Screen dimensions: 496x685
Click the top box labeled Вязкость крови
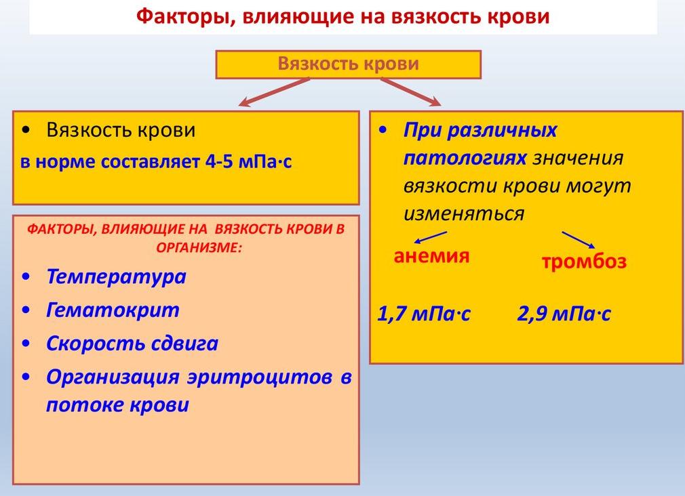click(x=348, y=65)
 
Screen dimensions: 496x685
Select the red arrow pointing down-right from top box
click(x=410, y=92)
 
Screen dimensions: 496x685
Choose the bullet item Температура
click(x=116, y=276)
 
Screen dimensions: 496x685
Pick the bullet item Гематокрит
click(x=113, y=310)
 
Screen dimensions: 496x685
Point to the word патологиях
click(x=465, y=158)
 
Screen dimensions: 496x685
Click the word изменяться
click(x=464, y=213)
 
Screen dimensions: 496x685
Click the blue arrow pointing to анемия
click(x=430, y=237)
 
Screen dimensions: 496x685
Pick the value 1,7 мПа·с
click(x=424, y=314)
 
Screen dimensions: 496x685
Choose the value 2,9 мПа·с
click(x=564, y=314)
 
